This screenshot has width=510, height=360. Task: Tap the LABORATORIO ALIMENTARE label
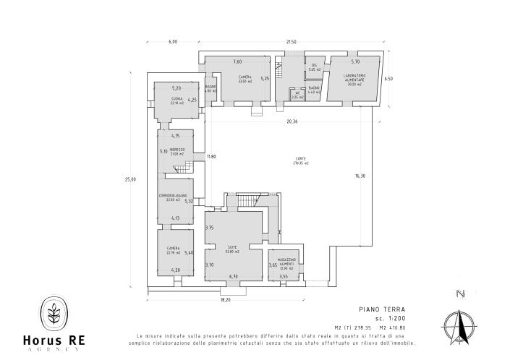tap(354, 80)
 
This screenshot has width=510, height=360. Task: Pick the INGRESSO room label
tap(177, 151)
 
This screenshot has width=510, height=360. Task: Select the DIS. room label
tap(314, 67)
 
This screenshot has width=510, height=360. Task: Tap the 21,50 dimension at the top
tap(291, 42)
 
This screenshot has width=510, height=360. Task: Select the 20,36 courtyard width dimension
tap(292, 121)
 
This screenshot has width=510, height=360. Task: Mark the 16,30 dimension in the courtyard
tap(360, 176)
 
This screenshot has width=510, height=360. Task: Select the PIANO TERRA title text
tap(375, 308)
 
